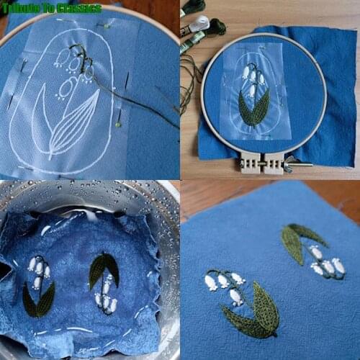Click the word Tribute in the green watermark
tap(21, 9)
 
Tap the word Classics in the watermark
tap(79, 9)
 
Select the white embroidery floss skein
tap(201, 22)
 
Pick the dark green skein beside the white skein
tap(217, 26)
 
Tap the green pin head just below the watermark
tap(107, 26)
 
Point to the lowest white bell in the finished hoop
tap(251, 91)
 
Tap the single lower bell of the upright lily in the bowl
tap(37, 283)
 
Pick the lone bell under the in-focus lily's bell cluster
tap(235, 297)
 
